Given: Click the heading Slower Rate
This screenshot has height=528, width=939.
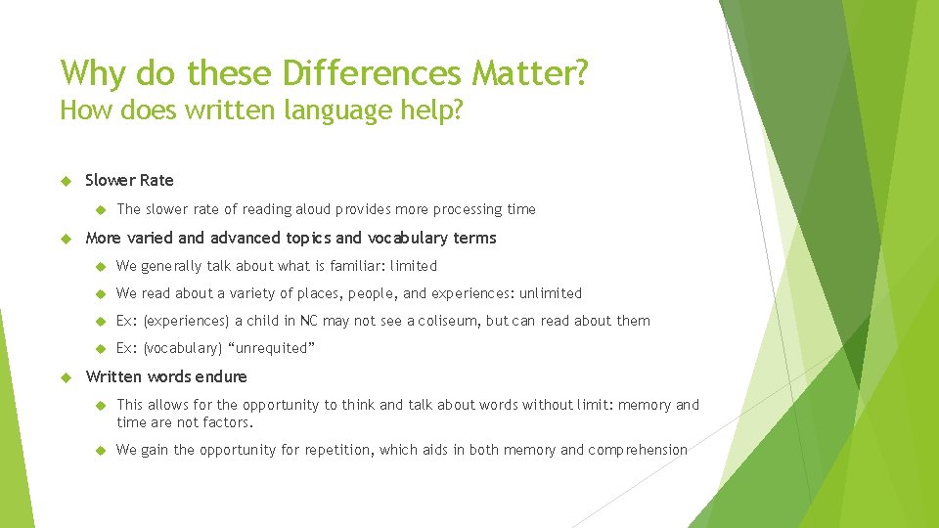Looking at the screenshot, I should pos(129,180).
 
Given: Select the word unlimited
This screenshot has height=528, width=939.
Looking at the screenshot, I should pos(550,293).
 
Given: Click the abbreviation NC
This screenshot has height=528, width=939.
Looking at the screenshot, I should pos(309,321).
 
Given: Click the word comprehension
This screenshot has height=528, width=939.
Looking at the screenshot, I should pos(638,450).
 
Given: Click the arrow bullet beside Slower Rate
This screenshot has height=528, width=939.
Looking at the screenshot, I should pos(67,180).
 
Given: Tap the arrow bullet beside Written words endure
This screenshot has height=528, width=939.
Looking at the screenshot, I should pos(67,376).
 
